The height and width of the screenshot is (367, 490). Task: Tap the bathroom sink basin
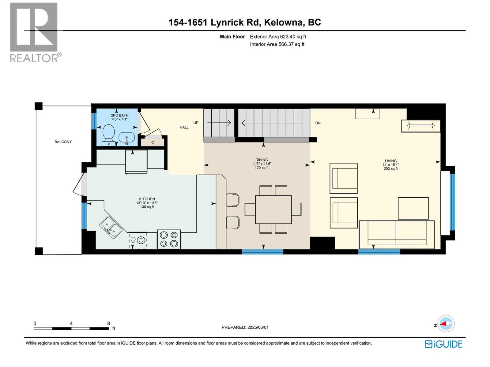126,138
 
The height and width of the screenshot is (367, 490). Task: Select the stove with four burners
169,239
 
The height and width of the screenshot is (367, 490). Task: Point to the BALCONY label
63,142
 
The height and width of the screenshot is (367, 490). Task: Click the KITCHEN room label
147,199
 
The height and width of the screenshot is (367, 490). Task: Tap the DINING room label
262,160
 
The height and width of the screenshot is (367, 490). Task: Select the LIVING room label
390,161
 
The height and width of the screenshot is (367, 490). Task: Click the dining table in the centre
273,210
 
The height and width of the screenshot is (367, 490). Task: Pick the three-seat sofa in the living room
396,234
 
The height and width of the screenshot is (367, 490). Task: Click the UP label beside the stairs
196,123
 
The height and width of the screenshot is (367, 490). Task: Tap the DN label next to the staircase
318,123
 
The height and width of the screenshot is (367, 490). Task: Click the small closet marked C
153,143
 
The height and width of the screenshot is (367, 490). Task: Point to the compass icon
446,324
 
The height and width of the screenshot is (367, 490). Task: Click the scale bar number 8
108,323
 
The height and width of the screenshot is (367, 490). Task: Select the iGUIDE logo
443,344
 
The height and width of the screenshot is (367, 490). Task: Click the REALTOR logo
34,32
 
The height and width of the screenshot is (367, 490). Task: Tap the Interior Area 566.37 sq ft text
277,44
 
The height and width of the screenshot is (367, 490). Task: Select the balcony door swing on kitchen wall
80,184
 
